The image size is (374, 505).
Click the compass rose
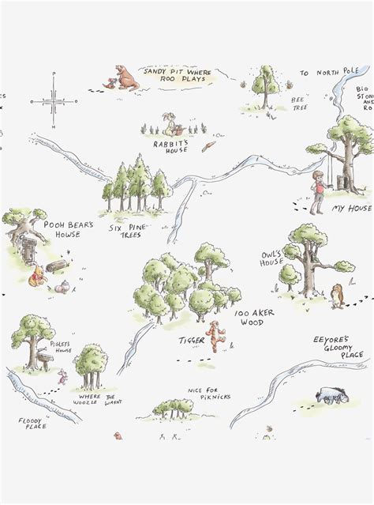[x=53, y=100]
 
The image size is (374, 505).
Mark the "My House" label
[x=350, y=209]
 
